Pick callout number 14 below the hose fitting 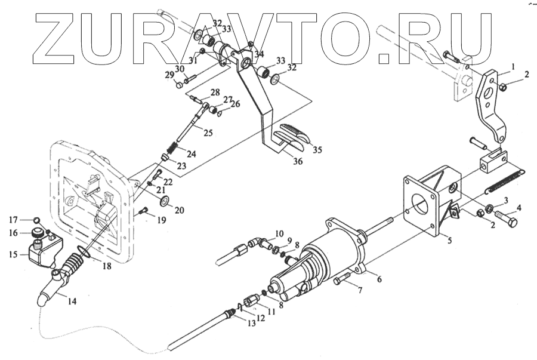coord(72,301)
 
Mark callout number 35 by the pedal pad coord(317,149)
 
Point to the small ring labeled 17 coord(36,219)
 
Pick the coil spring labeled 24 coord(171,146)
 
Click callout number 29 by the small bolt coord(170,75)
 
